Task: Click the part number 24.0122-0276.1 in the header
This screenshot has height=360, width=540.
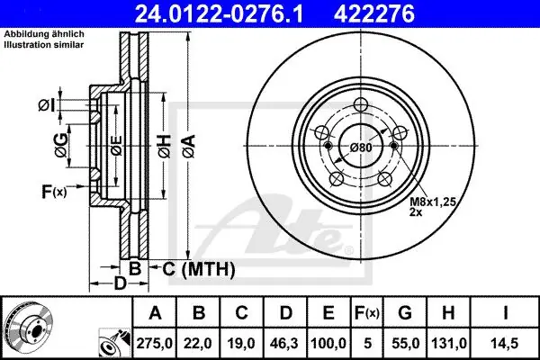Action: click(x=219, y=13)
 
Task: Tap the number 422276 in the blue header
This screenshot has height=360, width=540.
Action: click(x=374, y=13)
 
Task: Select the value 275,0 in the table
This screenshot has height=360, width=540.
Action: click(x=154, y=343)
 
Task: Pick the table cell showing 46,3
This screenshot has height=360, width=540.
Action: click(x=284, y=343)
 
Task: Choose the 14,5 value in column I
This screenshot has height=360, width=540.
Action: click(x=505, y=343)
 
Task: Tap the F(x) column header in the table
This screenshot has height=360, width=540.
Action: click(x=367, y=312)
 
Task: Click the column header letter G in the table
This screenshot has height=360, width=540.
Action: click(x=405, y=312)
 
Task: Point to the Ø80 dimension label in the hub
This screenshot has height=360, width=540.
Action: click(x=361, y=148)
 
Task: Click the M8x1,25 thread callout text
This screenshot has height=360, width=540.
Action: click(x=433, y=202)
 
